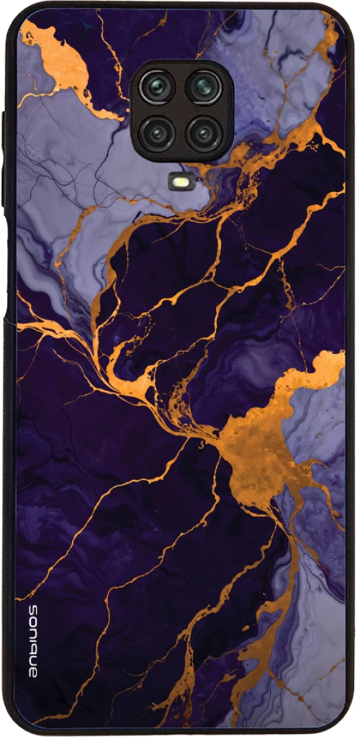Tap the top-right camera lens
coord(202,88)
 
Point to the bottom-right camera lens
coord(202,134)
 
